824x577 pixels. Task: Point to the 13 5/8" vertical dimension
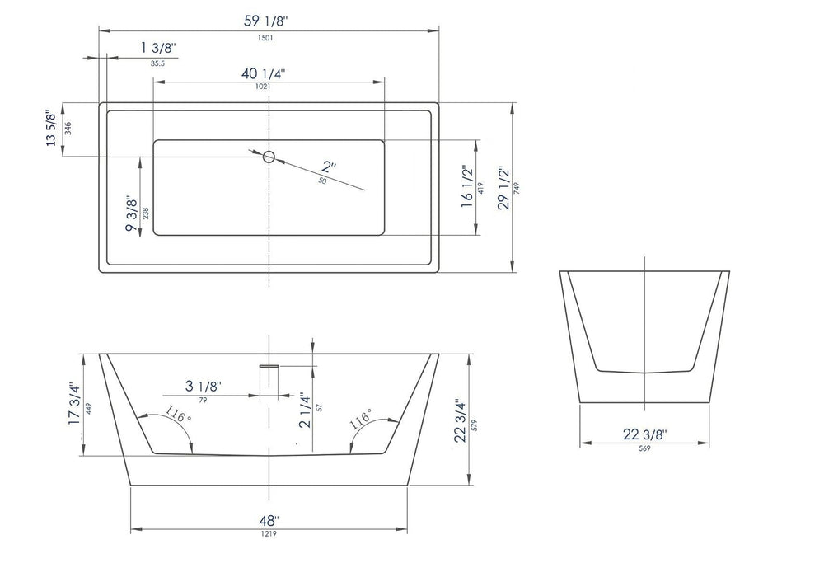click(x=54, y=128)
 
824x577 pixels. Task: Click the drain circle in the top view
click(x=269, y=157)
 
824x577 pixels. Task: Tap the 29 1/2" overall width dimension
click(x=503, y=189)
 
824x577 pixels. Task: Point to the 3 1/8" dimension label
click(x=202, y=386)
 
